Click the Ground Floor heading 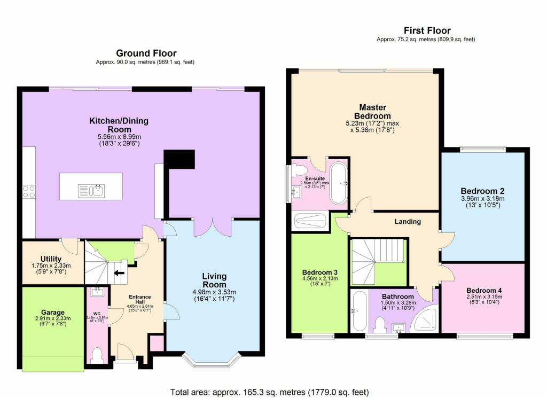coord(146,53)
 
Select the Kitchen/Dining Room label coord(119,126)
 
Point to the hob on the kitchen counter coord(28,192)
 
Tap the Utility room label coord(51,259)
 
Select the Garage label coord(52,313)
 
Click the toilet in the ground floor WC coord(97,355)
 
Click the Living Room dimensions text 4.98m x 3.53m coord(214,292)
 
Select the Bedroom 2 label coord(482,191)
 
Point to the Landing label coord(408,221)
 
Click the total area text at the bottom coord(269,392)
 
